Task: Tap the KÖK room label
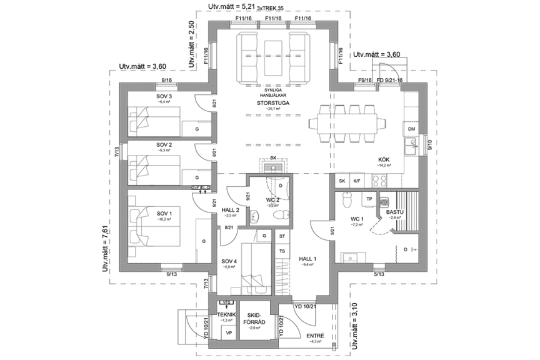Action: point(384,159)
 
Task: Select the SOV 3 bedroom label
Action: point(164,96)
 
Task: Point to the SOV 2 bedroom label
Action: point(164,144)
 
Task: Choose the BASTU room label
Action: point(395,212)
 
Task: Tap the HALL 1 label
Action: point(308,259)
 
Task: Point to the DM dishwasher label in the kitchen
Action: point(411,129)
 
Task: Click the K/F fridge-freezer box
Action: point(357,181)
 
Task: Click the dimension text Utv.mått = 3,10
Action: point(355,325)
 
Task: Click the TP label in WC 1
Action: point(369,199)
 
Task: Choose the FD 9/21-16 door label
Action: point(389,81)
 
